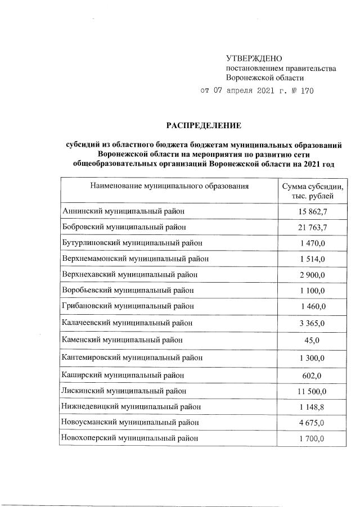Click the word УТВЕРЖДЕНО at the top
coord(253,58)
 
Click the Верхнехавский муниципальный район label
coord(129,274)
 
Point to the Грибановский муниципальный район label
coord(128,306)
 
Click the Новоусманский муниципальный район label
coord(130,422)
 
